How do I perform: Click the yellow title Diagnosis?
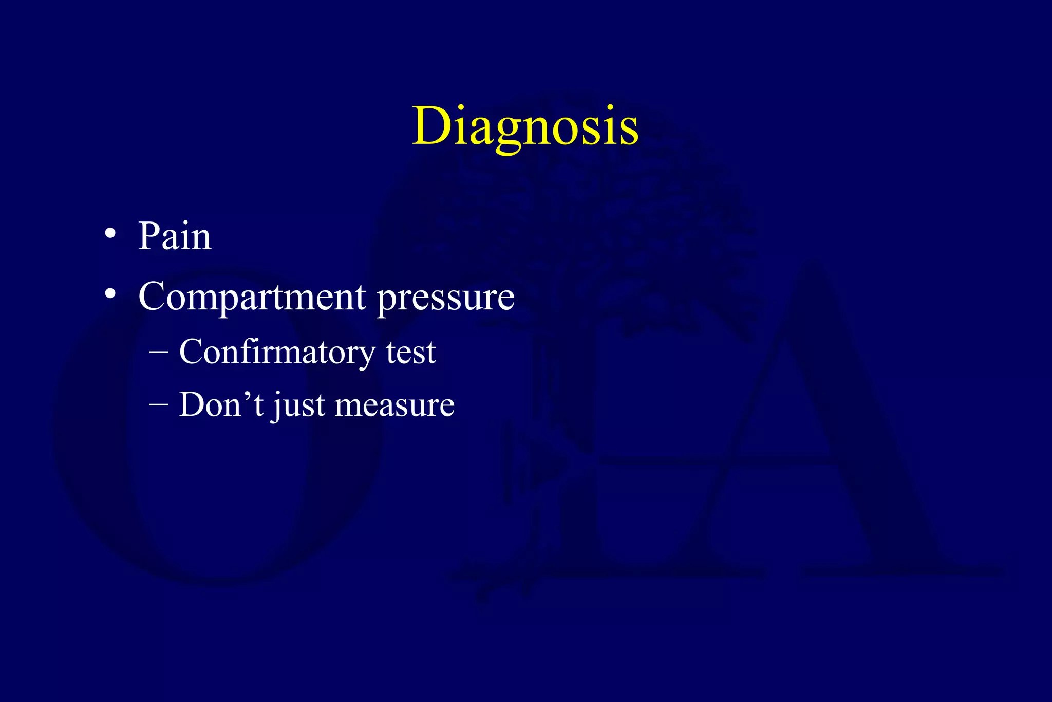(x=525, y=126)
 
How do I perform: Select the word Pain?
(x=175, y=236)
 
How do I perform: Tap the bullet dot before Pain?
(x=110, y=234)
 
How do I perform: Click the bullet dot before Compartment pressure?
(x=110, y=294)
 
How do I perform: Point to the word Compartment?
(x=252, y=297)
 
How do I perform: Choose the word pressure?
(x=446, y=298)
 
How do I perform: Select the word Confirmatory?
(x=277, y=353)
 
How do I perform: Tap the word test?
(x=410, y=353)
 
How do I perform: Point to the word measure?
(x=394, y=405)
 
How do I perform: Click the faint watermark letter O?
(x=216, y=427)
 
